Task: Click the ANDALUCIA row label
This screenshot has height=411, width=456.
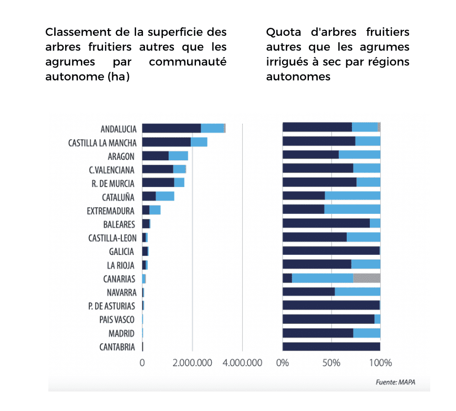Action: [x=118, y=129]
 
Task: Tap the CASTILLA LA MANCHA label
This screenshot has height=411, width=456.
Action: [x=102, y=142]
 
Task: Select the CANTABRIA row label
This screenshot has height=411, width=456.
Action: [x=117, y=347]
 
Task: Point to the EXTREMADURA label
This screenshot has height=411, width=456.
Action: [x=111, y=211]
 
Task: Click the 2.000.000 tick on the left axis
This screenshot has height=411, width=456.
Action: [x=192, y=363]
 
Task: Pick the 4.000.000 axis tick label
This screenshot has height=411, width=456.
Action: [x=242, y=363]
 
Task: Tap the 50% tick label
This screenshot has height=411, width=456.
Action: [x=331, y=363]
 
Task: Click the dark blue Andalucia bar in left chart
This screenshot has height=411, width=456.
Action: [x=171, y=128]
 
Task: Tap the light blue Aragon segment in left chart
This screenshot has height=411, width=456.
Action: [x=178, y=156]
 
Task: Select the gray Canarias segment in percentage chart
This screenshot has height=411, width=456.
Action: [x=367, y=279]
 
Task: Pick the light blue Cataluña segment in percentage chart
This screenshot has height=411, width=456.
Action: [x=352, y=196]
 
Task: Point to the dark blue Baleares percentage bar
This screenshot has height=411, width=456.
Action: [x=326, y=223]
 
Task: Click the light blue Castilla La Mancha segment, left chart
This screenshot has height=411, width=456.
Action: [x=199, y=142]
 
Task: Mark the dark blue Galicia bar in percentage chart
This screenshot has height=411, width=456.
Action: [x=331, y=251]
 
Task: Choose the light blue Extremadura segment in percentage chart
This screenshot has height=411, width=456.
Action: [x=352, y=210]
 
